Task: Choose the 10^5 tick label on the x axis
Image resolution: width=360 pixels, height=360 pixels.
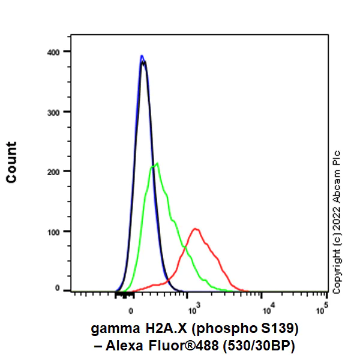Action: coord(322,309)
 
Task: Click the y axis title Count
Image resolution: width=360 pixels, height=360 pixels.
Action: coord(11,162)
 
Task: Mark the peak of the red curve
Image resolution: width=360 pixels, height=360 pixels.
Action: coord(195,229)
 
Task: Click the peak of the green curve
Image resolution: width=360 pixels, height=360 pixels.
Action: coord(157,163)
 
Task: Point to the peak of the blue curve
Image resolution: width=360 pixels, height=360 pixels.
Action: coord(142,56)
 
